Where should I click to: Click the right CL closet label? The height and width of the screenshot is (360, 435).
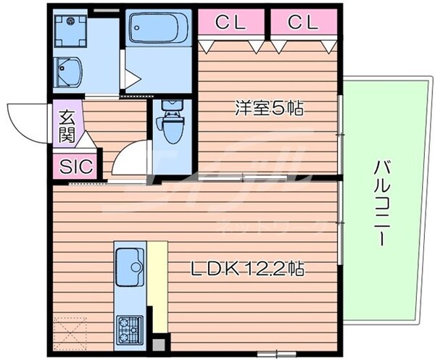pyautogui.click(x=303, y=23)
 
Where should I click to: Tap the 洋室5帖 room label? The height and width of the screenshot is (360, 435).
pyautogui.click(x=268, y=109)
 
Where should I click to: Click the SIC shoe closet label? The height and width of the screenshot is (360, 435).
pyautogui.click(x=75, y=166)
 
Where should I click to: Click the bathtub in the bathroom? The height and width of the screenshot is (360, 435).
pyautogui.click(x=159, y=30)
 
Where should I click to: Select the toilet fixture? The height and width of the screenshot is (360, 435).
pyautogui.click(x=171, y=122)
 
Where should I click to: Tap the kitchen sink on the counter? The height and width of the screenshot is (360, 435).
pyautogui.click(x=130, y=264)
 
